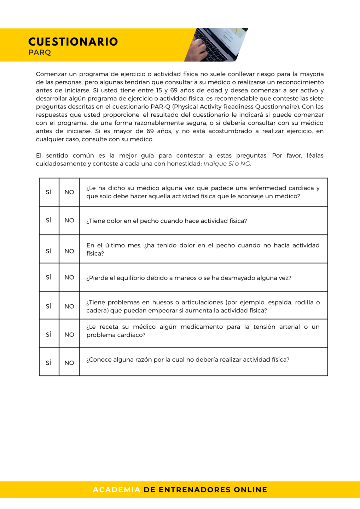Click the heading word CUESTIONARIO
click(73, 42)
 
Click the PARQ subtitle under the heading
click(40, 52)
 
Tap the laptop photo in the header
click(216, 45)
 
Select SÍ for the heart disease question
click(48, 192)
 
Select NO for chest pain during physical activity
click(69, 221)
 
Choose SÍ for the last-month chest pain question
click(48, 251)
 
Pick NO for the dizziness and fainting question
click(69, 277)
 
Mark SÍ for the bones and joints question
click(48, 306)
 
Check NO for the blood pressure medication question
click(69, 334)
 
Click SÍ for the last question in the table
click(48, 363)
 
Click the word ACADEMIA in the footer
click(117, 490)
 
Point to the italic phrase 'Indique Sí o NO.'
click(227, 164)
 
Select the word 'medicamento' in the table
click(202, 327)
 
